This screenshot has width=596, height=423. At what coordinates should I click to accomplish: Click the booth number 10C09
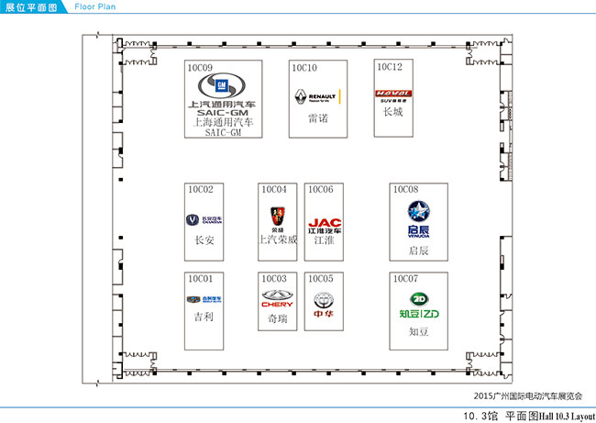point(201,67)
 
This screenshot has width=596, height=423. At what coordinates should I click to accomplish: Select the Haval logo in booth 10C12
point(393,94)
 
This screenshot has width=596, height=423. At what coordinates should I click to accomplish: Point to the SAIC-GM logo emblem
point(221,88)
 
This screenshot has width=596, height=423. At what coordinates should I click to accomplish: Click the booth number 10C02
point(201,190)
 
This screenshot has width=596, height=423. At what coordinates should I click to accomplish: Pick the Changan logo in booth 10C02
point(204,220)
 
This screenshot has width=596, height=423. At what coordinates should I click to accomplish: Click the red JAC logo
point(324,224)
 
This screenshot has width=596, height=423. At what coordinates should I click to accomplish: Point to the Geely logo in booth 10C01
point(204,299)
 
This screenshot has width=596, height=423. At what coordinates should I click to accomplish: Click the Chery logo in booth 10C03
point(278,298)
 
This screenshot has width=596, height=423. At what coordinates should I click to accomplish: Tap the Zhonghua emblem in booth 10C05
point(324,301)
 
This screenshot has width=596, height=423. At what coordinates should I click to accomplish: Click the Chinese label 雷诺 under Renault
point(318,119)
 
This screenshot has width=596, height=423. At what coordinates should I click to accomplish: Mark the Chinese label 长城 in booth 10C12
point(392,112)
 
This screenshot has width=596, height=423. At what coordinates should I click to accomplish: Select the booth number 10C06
point(321,190)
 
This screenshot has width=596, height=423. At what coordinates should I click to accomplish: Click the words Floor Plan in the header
point(94,6)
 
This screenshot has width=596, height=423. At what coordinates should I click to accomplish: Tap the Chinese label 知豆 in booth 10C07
point(419,332)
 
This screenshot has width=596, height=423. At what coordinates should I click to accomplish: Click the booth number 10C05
point(321,278)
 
